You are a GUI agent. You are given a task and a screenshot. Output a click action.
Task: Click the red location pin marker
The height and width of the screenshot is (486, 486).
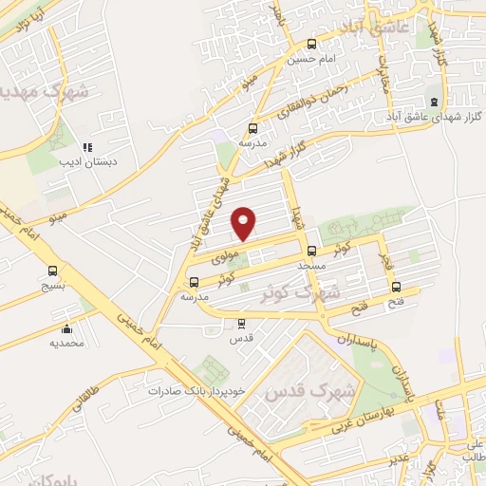click(x=245, y=223)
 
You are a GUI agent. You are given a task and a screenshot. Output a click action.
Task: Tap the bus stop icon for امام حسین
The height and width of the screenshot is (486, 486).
click(x=311, y=44)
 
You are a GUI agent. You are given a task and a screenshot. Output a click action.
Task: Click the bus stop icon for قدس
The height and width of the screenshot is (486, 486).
click(x=241, y=323)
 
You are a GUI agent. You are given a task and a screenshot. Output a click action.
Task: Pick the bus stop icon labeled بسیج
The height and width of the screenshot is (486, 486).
click(x=52, y=271)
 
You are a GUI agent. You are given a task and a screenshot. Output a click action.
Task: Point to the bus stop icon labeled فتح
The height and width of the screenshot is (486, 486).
click(x=396, y=287)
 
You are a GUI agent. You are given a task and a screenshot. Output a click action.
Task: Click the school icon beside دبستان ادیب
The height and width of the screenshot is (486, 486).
click(x=86, y=147)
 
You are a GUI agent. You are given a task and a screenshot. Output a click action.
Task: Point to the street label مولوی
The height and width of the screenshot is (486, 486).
click(x=221, y=257)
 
